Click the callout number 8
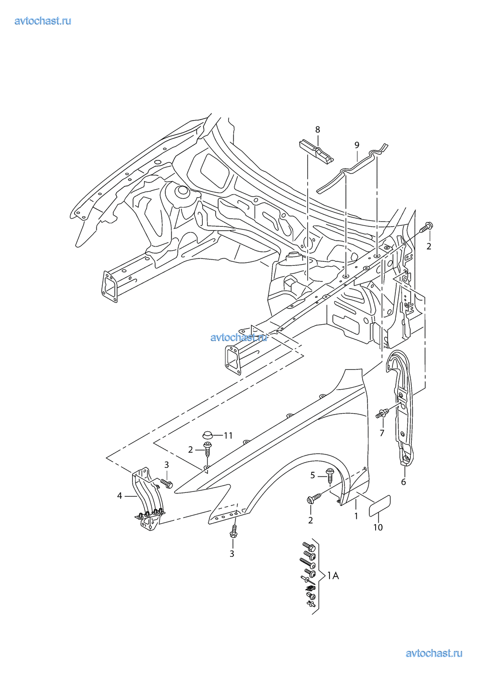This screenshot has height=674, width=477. point(318,130)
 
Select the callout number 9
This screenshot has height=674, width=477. point(356,145)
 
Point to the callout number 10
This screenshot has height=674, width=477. point(378,527)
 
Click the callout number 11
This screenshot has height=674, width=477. point(228,435)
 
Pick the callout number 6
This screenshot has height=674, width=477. point(404,482)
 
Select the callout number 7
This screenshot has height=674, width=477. point(382,434)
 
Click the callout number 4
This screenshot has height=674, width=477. point(120,496)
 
